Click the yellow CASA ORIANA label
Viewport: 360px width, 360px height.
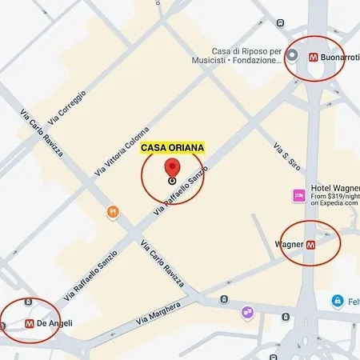tap(173, 148)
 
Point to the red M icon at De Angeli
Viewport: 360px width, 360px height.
tap(29, 324)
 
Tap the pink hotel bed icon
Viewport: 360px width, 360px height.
tap(298, 195)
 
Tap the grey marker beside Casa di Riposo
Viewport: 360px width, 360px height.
tap(293, 56)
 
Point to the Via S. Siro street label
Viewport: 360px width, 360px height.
tap(282, 156)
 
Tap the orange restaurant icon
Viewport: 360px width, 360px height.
tap(113, 212)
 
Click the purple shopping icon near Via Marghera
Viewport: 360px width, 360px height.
tap(247, 311)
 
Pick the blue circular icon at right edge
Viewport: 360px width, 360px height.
tap(338, 302)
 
